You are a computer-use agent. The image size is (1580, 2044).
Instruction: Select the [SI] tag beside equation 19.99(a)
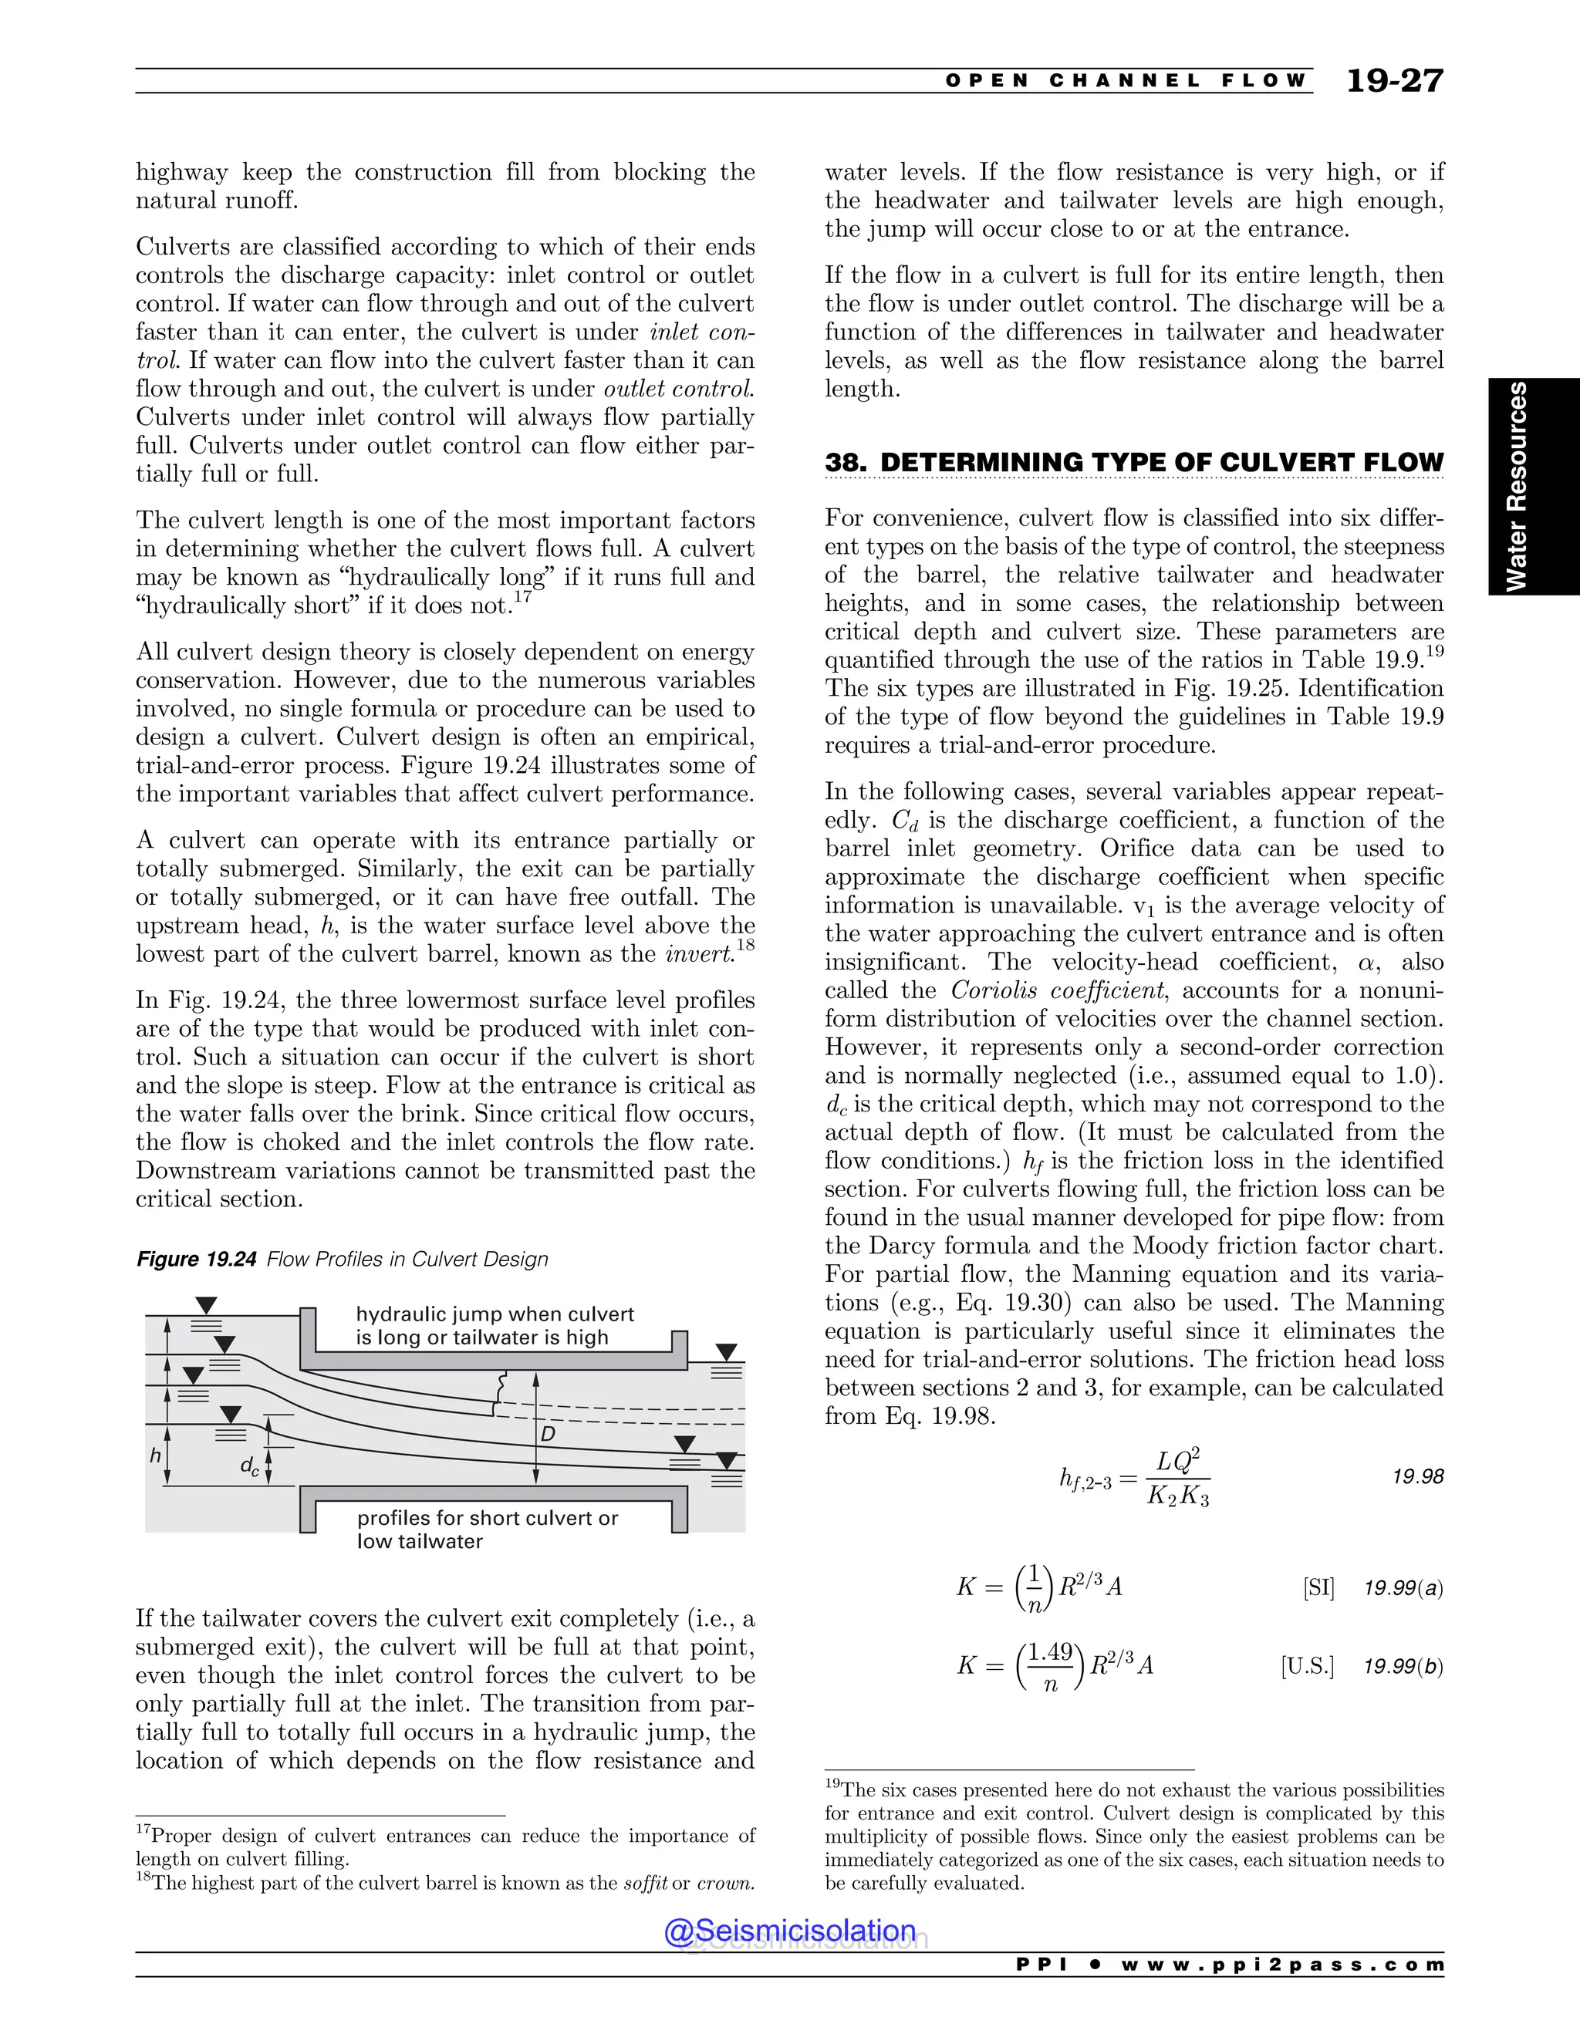[x=1318, y=1588]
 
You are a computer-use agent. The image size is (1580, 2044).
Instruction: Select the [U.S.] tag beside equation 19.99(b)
[x=1307, y=1666]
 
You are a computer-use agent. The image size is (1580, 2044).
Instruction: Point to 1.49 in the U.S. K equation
[x=1050, y=1653]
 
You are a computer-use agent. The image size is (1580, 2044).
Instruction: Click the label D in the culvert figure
[x=548, y=1433]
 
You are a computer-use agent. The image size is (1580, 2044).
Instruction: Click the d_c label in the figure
[x=249, y=1466]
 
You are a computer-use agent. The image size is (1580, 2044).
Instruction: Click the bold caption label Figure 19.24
[x=196, y=1259]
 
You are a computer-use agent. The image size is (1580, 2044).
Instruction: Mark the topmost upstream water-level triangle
[x=206, y=1304]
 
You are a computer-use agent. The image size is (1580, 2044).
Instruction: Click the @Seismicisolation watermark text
[x=789, y=1930]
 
